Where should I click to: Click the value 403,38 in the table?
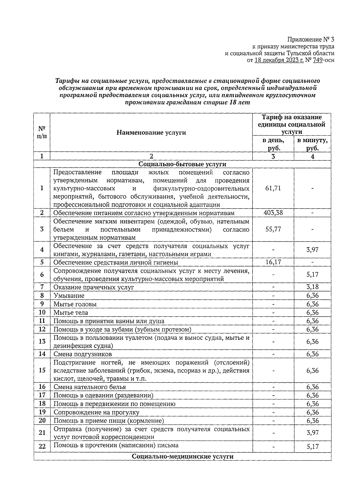pyautogui.click(x=273, y=213)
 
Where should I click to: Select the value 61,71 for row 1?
pyautogui.click(x=273, y=188)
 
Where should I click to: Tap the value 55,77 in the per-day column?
pyautogui.click(x=273, y=229)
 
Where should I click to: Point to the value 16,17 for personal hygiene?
pyautogui.click(x=273, y=262)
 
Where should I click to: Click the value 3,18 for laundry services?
pyautogui.click(x=312, y=287)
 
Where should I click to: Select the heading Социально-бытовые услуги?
pyautogui.click(x=182, y=164)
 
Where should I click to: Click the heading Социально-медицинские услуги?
pyautogui.click(x=182, y=457)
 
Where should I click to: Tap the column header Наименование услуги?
pyautogui.click(x=151, y=132)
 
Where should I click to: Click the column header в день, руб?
pyautogui.click(x=273, y=144)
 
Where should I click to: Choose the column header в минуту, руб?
pyautogui.click(x=312, y=144)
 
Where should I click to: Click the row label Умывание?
pyautogui.click(x=69, y=296)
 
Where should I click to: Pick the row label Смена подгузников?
pyautogui.click(x=83, y=354)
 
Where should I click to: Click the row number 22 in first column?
pyautogui.click(x=42, y=447)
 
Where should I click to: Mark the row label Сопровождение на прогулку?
pyautogui.click(x=96, y=412)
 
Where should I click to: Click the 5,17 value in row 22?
pyautogui.click(x=312, y=447)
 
